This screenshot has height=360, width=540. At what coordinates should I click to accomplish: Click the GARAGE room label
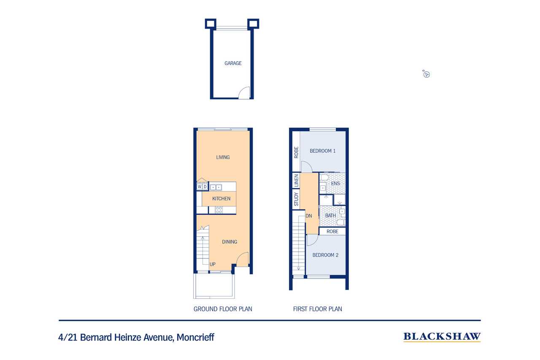pos(233,63)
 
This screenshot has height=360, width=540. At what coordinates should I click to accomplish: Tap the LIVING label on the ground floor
pos(223,157)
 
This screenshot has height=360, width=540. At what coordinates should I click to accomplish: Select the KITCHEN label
pos(221,199)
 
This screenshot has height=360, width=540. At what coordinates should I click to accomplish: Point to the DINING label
pos(229,241)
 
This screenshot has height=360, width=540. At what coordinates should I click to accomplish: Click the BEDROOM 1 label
pos(323,151)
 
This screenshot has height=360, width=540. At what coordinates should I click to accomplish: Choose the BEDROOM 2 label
pos(325,255)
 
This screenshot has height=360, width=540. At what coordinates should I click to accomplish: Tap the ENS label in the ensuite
pos(335,184)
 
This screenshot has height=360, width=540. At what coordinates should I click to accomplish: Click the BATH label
pos(330,216)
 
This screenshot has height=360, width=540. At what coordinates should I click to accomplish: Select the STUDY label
pos(296,199)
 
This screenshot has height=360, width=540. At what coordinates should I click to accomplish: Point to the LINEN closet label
pos(296,181)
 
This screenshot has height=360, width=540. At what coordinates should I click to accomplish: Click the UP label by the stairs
pos(212,264)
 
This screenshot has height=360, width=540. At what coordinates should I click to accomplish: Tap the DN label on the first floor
pos(309,216)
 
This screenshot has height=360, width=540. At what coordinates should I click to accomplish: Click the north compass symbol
pos(426,74)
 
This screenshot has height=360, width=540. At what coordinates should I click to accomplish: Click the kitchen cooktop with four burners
pos(219,210)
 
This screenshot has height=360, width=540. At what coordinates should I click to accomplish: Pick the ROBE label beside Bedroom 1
pos(296,152)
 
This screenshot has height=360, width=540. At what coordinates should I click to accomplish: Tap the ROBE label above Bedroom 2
pos(332,231)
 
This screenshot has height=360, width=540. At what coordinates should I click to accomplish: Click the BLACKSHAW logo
pos(442,337)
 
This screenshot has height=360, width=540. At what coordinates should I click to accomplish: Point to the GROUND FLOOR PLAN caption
pos(223,309)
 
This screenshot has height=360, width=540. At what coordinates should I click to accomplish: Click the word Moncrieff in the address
pos(195,337)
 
